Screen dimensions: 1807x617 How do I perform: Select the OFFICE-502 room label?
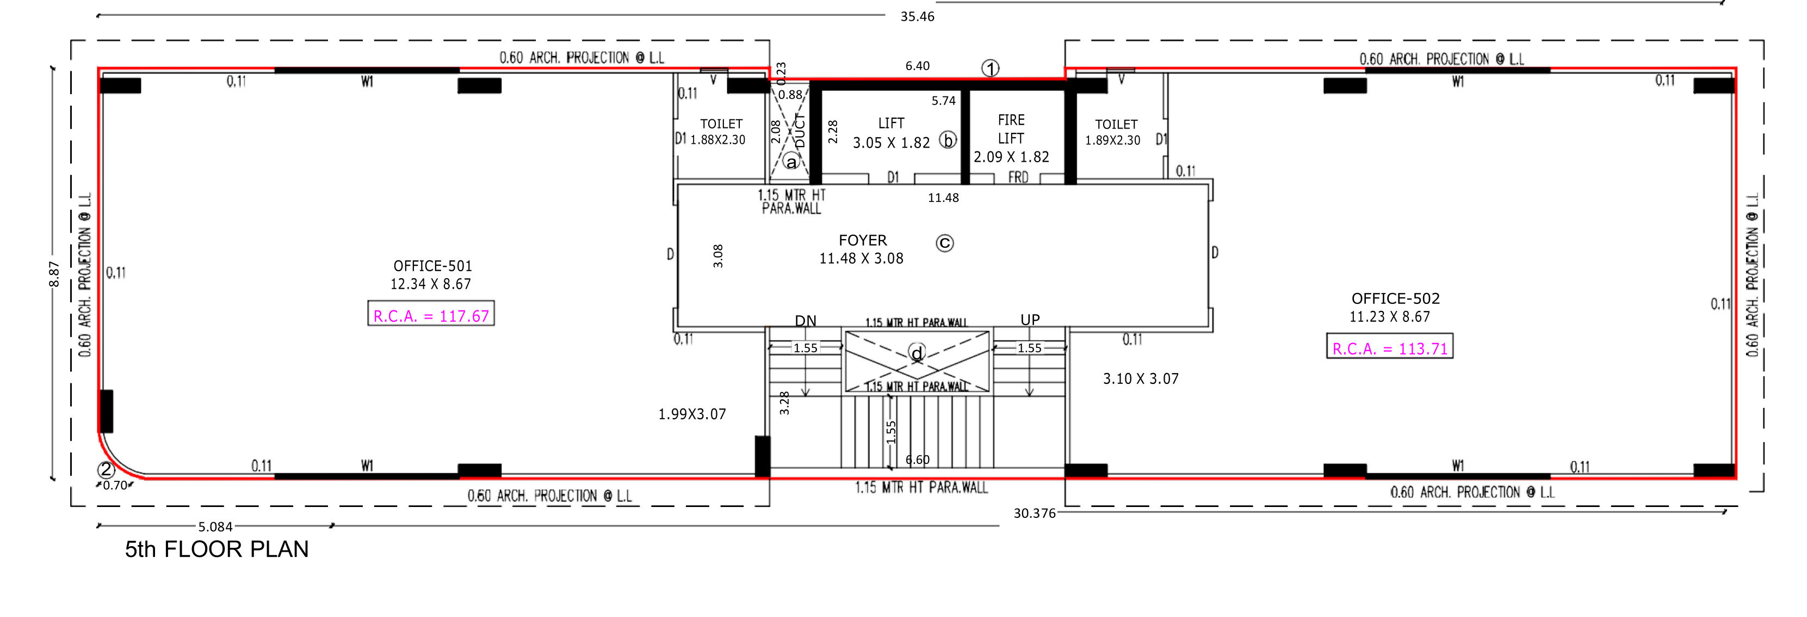coord(1395,298)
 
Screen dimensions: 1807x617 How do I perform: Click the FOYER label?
coord(863,240)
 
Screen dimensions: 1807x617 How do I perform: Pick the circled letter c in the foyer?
coord(945,243)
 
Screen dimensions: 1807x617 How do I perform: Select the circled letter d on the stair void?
coord(917,353)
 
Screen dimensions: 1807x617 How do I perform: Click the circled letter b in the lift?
coord(948,140)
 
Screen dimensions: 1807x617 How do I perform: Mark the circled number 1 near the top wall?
coord(990,68)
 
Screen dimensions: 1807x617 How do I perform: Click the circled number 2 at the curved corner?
coord(106,469)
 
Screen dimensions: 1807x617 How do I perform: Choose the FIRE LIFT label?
coord(1011,129)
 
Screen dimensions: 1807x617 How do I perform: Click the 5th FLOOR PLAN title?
coord(216,549)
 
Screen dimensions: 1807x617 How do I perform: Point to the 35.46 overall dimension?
coord(917,16)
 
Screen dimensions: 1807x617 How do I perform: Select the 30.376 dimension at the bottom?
coord(1034,513)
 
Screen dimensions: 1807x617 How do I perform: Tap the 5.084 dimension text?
coord(215,527)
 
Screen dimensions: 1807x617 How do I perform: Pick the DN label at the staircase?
coord(805,321)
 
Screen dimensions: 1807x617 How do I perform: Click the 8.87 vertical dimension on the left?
coord(54,274)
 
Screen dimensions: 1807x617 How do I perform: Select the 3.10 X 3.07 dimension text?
coord(1141,379)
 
